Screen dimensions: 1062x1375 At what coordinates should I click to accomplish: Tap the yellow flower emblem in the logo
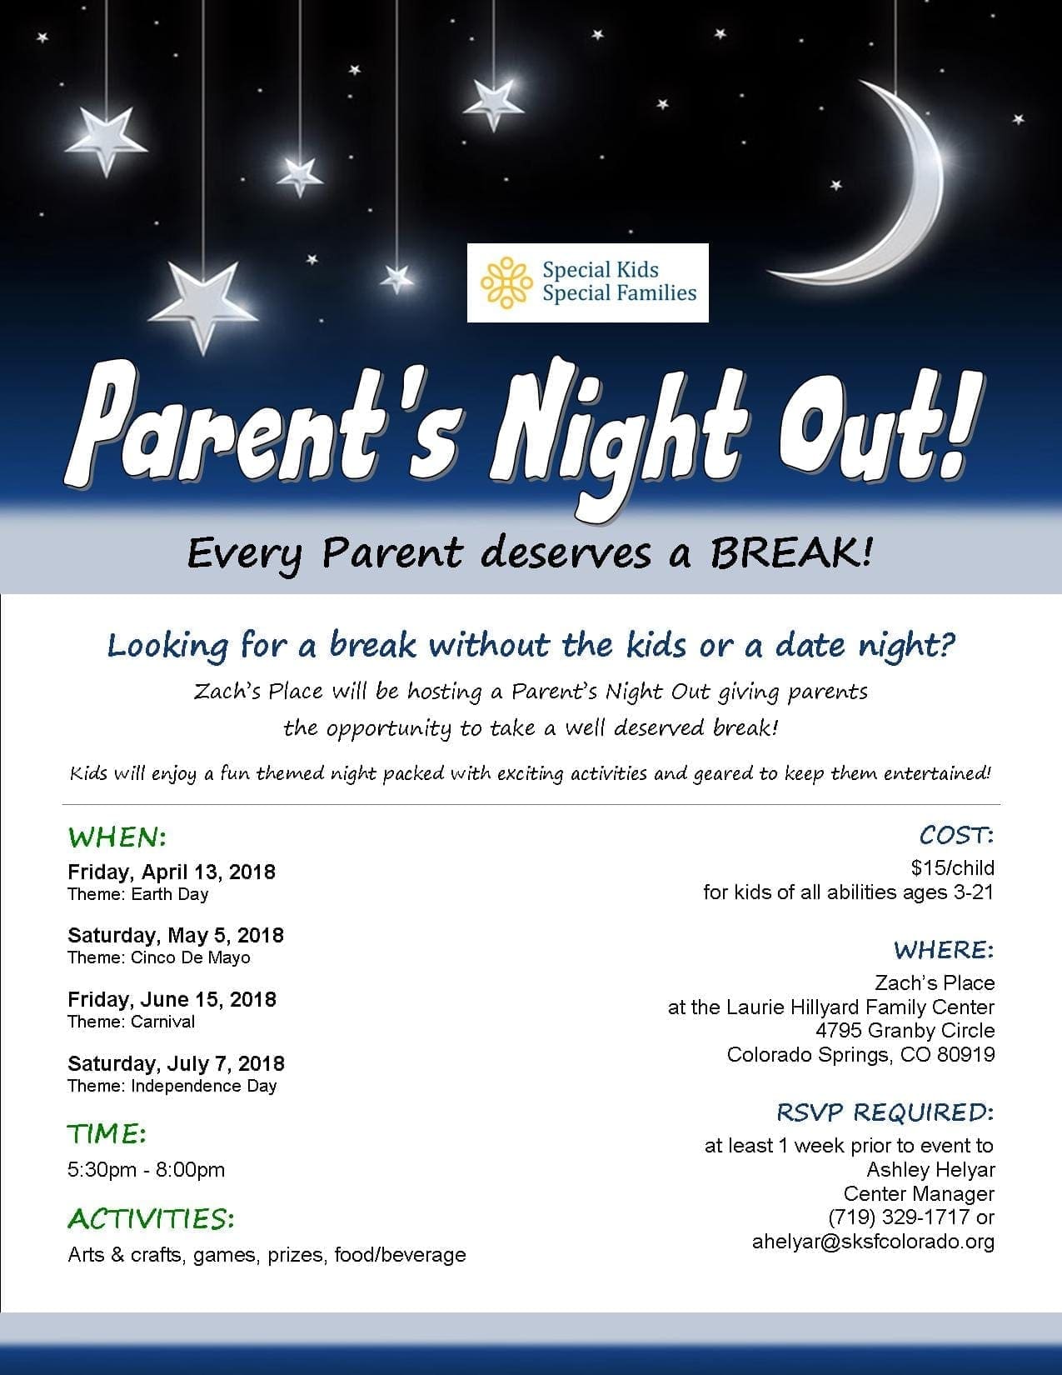point(506,282)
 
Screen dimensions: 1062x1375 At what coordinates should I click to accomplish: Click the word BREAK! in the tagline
point(791,552)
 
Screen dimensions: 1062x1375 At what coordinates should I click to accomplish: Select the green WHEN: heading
point(117,837)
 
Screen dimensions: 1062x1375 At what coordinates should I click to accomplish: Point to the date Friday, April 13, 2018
point(172,872)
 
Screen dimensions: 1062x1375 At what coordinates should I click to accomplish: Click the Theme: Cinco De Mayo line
point(159,957)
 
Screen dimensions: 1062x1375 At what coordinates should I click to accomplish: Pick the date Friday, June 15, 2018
point(172,999)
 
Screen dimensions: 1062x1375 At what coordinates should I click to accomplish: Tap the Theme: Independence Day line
point(172,1086)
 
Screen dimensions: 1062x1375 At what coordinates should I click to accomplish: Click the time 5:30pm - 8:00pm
point(146,1169)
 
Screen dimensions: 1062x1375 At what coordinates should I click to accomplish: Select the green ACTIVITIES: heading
point(151,1219)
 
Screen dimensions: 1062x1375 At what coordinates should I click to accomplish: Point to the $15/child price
point(953,867)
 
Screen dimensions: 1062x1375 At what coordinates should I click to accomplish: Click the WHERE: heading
point(944,950)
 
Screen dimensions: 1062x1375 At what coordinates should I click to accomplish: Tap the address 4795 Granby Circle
point(905,1031)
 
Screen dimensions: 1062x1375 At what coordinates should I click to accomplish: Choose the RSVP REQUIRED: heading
point(885,1112)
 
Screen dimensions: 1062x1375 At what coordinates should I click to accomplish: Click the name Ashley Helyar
point(930,1170)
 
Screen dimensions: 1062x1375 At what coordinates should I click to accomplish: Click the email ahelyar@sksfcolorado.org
point(873,1242)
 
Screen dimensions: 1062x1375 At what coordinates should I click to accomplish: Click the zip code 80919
point(966,1055)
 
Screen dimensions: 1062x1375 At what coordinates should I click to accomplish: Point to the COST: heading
point(956,836)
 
